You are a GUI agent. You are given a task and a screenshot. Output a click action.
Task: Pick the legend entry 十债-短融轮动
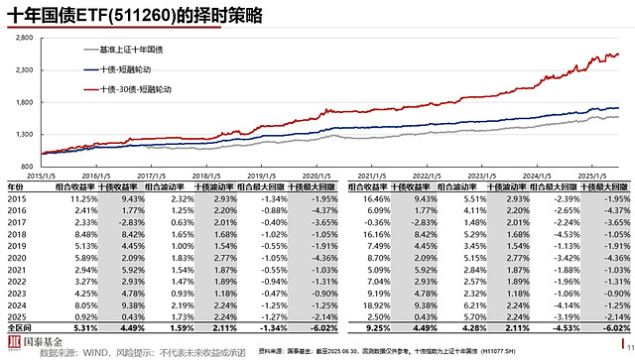pyautogui.click(x=127, y=68)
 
